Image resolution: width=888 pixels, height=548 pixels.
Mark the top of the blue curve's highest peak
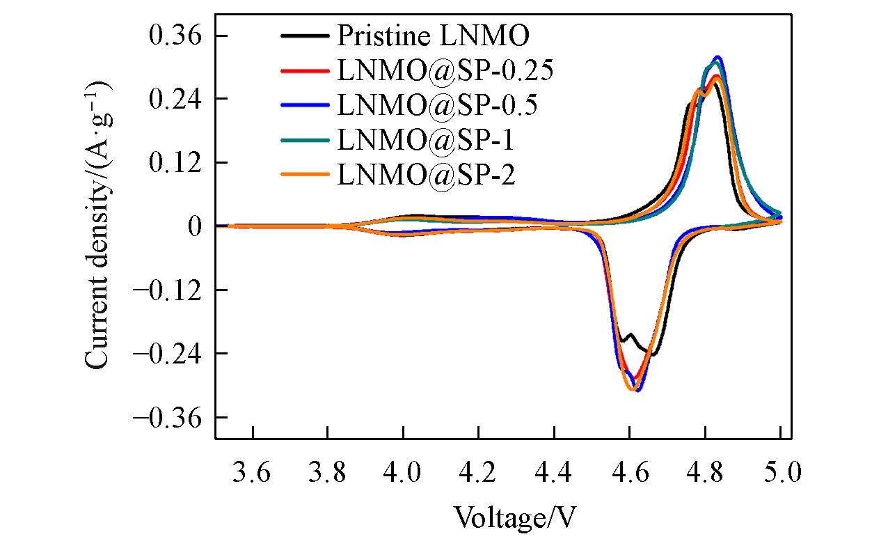click(x=717, y=57)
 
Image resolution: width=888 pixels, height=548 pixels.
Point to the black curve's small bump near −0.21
click(x=631, y=335)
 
